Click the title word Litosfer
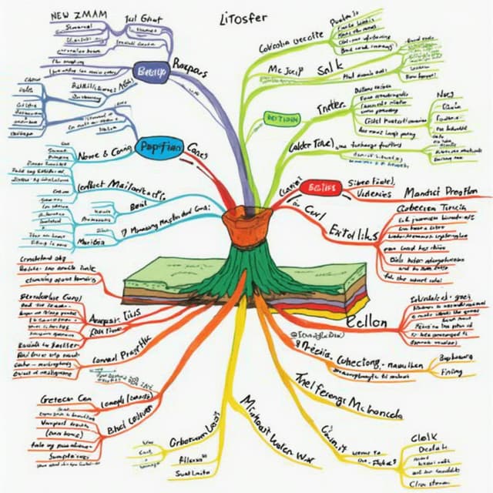coord(243,18)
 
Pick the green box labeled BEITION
coord(281,118)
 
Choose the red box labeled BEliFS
coord(318,188)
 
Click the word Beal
coord(139,208)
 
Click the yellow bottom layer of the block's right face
coord(343,313)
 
